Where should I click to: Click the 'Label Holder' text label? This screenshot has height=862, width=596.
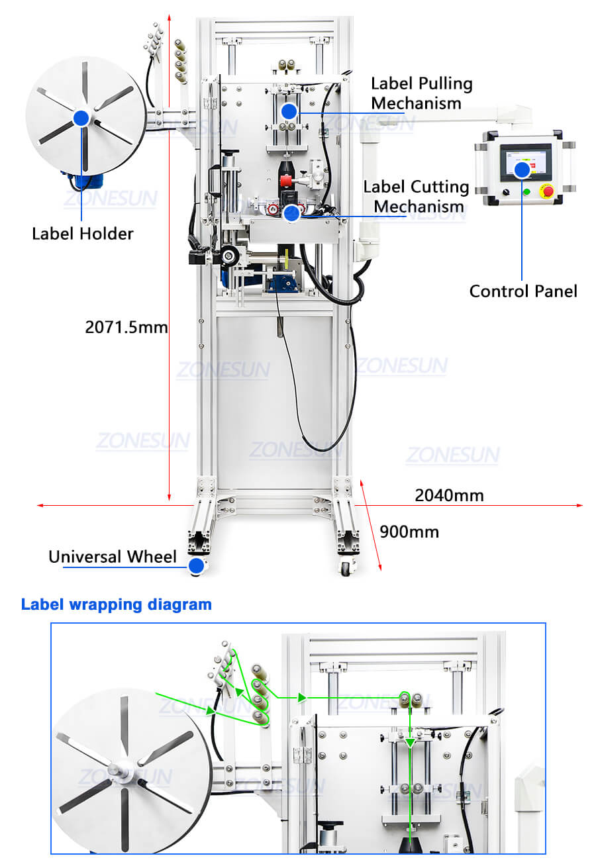82,234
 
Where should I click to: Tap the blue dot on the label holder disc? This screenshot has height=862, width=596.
81,119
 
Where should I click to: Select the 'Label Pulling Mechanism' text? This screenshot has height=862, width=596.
421,93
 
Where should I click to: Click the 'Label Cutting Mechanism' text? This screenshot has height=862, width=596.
416,197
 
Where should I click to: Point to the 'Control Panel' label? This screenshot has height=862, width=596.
523,291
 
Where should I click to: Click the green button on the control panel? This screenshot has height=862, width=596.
526,193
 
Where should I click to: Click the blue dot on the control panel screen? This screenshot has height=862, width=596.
522,170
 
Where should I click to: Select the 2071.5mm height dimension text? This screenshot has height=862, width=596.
126,326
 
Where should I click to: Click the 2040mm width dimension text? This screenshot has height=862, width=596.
449,495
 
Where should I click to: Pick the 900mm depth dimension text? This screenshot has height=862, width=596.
409,532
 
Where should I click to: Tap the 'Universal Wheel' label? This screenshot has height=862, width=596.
113,557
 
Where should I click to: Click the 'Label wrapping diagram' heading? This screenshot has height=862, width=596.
117,604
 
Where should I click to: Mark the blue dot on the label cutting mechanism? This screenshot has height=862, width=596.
291,213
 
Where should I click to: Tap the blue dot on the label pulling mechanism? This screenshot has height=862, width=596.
288,111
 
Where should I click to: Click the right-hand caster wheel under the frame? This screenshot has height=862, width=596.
345,567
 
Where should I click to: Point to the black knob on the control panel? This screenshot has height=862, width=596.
506,193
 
